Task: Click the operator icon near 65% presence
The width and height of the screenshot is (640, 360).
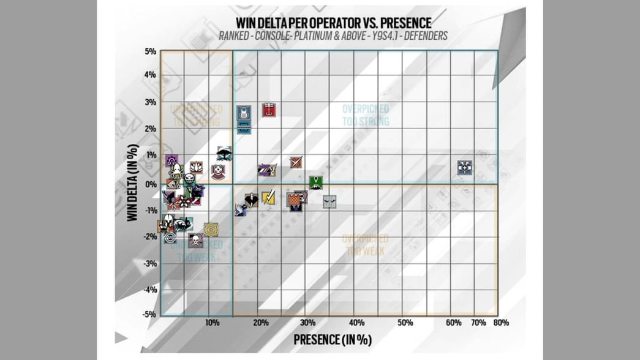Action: [465, 167]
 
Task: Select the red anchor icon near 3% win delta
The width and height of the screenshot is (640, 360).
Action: [268, 110]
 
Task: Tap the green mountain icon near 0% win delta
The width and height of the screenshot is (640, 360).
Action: [315, 182]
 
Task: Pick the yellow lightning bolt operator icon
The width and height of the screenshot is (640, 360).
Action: [268, 197]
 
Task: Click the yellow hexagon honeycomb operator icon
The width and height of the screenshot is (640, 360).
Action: [211, 230]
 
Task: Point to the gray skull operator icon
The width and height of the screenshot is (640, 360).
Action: [195, 240]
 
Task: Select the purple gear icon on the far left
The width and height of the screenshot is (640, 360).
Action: [171, 161]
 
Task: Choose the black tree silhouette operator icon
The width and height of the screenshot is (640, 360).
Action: [224, 153]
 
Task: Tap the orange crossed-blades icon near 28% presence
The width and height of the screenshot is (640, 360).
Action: [296, 162]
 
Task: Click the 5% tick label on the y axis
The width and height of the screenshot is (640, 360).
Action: [150, 51]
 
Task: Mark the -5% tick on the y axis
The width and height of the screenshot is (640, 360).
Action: [149, 315]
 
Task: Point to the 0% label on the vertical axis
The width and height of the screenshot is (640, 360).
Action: [150, 184]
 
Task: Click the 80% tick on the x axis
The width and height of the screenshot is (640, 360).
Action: [500, 323]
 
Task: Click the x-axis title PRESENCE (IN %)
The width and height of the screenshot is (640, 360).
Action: [333, 340]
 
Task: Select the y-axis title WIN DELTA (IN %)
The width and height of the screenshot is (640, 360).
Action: [133, 183]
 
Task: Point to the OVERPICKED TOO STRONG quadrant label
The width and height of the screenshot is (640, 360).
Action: [366, 115]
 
